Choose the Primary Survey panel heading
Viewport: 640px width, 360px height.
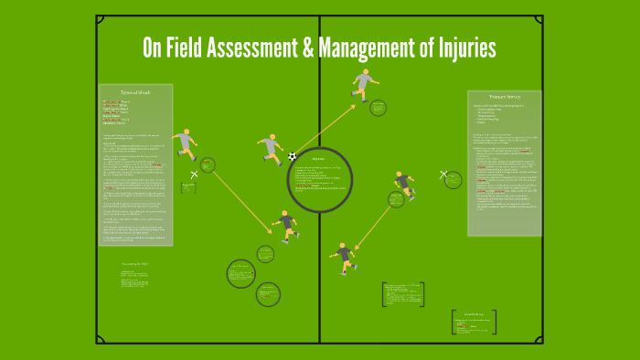pos(504,96)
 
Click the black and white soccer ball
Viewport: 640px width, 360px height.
pos(293,156)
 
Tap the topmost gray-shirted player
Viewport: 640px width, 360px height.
pos(364,84)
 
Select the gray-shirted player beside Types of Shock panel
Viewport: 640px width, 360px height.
pos(187,143)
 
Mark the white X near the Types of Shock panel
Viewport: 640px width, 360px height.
pos(194,174)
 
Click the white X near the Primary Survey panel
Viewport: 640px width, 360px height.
pos(444,174)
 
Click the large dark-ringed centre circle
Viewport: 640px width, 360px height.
pos(319,180)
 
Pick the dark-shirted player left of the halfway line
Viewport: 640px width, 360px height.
pos(287,225)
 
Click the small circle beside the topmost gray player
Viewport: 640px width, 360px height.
pos(379,108)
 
